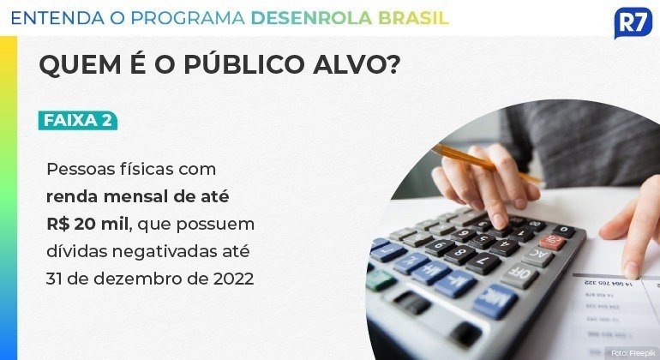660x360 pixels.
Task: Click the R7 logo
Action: point(633,22)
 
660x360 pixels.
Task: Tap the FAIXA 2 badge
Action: point(78,120)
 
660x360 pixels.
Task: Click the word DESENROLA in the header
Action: point(311,18)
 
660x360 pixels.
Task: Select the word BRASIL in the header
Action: point(413,18)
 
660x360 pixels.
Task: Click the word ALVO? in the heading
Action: point(356,65)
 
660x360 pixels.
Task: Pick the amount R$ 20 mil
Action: point(87,224)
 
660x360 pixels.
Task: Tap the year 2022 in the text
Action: point(234,279)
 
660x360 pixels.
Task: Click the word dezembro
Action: point(141,279)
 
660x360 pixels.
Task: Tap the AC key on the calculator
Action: point(538,255)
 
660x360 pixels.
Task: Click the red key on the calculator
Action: point(553,241)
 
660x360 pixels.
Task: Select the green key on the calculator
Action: point(381,279)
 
